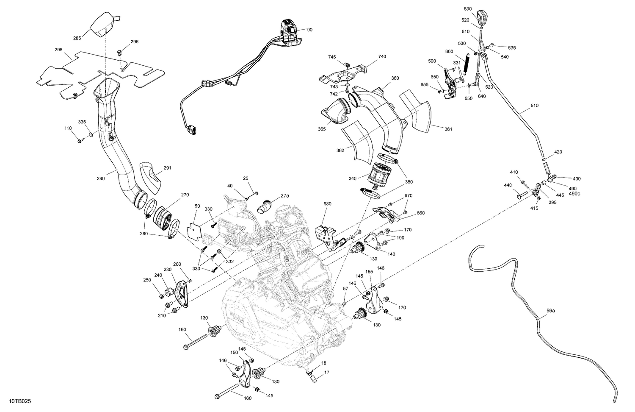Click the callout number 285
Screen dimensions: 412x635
tap(77, 39)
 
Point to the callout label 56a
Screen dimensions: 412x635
tap(550, 311)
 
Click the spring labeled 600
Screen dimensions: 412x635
tap(466, 64)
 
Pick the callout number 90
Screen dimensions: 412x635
tap(309, 30)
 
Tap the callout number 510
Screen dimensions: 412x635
tap(534, 106)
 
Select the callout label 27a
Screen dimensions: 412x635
tap(284, 196)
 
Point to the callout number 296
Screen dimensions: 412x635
tap(134, 42)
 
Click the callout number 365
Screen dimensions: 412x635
tap(322, 129)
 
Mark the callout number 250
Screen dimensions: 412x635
tap(147, 280)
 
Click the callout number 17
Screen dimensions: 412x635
tap(326, 373)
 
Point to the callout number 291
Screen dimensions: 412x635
tap(167, 168)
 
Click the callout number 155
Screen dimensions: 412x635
tap(369, 272)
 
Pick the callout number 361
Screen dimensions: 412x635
tap(448, 129)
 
